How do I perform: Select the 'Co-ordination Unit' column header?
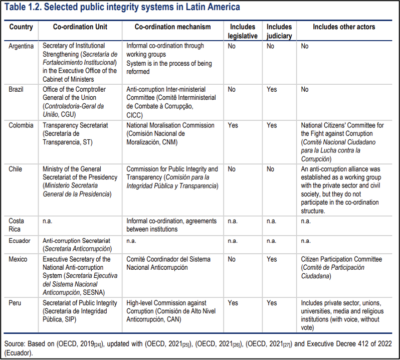pos(80,27)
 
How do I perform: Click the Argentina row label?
pos(22,46)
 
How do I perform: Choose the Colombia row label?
pos(21,125)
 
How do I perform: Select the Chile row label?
pos(16,169)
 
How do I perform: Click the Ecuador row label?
pos(20,240)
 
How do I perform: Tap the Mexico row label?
pos(18,259)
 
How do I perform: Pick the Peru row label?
pos(15,303)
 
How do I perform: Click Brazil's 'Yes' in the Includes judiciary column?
pos(272,89)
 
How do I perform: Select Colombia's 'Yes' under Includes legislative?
pos(233,125)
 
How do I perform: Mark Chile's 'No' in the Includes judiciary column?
pos(271,169)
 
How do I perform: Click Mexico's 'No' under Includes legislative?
pos(232,259)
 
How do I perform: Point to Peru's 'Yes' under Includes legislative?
pos(233,303)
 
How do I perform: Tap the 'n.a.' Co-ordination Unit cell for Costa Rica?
pos(48,220)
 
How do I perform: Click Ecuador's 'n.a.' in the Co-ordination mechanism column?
pos(132,240)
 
